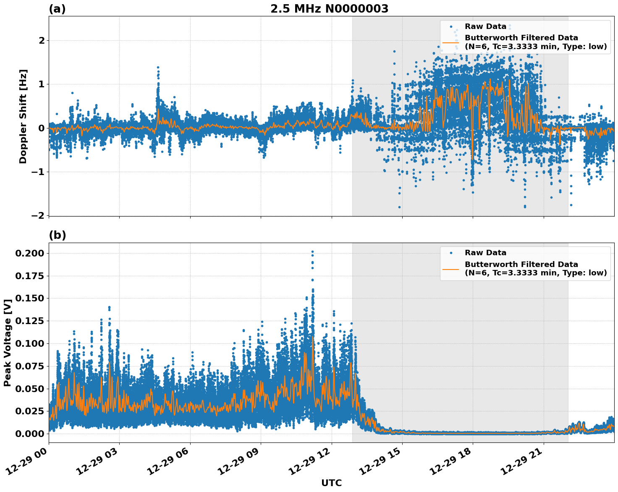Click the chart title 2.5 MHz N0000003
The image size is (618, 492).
329,9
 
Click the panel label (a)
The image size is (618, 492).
57,9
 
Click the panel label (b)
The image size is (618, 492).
57,235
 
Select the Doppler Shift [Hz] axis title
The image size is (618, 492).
23,116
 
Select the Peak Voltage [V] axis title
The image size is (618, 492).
7,343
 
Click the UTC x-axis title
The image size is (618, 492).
331,483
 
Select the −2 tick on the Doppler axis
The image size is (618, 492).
38,215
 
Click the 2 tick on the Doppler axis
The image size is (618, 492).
42,41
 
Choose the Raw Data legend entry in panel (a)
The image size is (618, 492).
485,26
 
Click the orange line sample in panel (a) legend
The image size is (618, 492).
451,42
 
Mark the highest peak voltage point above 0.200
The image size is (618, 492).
312,251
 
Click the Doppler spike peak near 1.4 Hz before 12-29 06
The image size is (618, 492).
158,67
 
